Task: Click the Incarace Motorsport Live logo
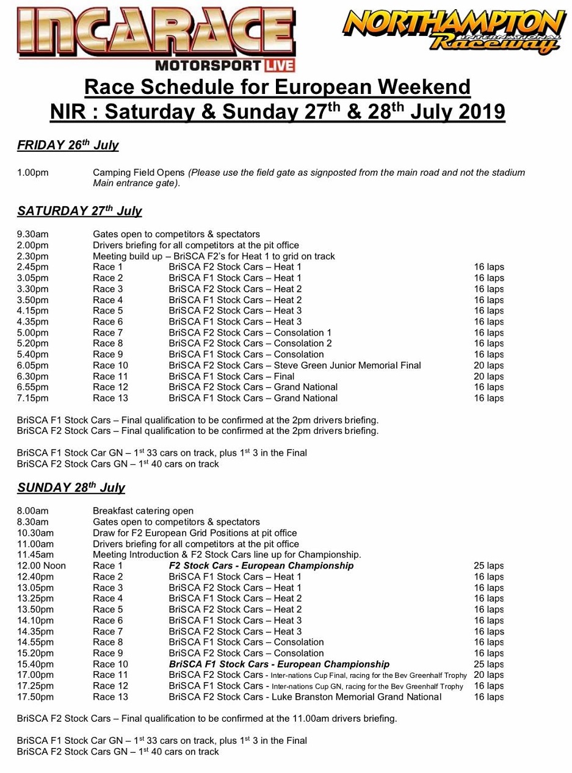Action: click(156, 38)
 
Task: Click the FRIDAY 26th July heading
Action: click(68, 145)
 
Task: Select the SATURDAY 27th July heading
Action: click(79, 211)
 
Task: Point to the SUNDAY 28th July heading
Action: click(71, 487)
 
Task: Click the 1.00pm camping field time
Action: click(33, 173)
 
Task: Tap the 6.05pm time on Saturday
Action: click(33, 365)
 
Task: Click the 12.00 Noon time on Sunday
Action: click(42, 566)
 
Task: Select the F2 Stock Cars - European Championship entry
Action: click(261, 566)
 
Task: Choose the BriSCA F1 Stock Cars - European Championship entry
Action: click(279, 664)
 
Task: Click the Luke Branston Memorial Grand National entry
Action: click(305, 697)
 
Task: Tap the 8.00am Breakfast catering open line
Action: click(143, 511)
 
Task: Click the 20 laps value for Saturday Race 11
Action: click(488, 376)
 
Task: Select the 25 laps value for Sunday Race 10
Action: click(488, 664)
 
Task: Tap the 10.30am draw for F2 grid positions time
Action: click(33, 533)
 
